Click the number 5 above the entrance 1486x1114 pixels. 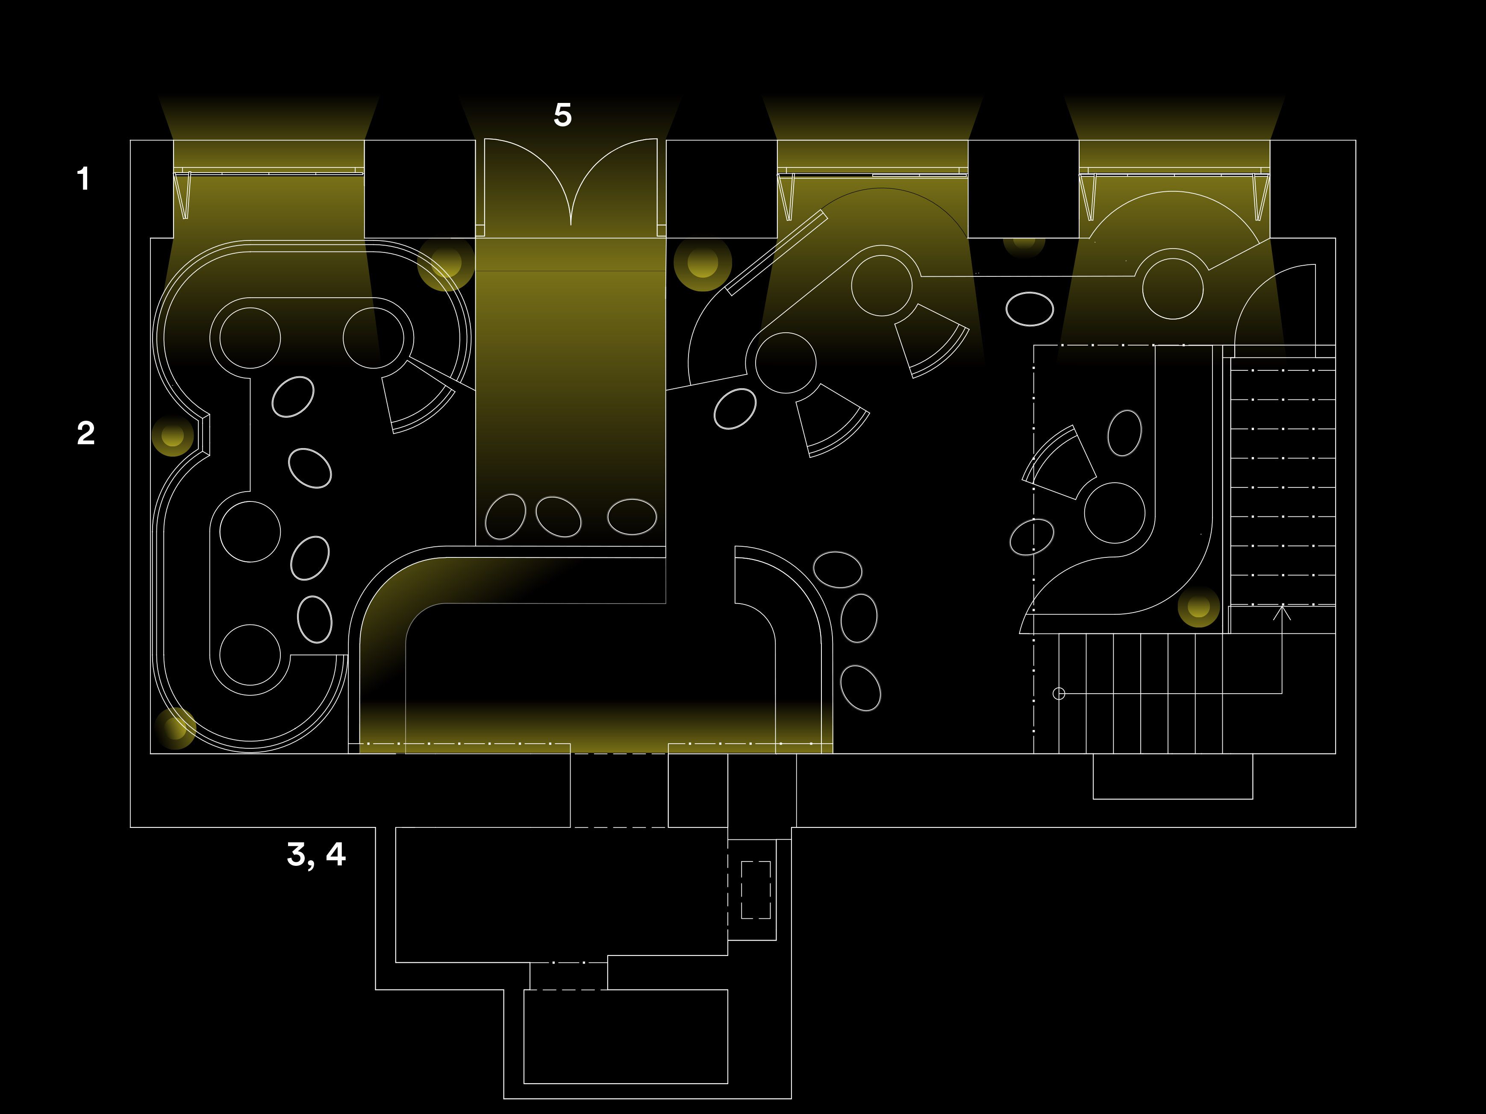(x=563, y=115)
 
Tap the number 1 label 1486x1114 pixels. (x=83, y=179)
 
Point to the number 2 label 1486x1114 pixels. (x=85, y=433)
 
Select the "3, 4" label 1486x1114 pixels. (x=316, y=855)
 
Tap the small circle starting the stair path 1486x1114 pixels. (x=1059, y=694)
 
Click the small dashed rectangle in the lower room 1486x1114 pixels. (x=756, y=890)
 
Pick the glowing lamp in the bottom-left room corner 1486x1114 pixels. (x=175, y=728)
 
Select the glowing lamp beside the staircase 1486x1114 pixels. (x=1198, y=607)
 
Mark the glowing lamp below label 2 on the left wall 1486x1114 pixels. (x=173, y=435)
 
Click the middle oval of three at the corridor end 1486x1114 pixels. (x=558, y=516)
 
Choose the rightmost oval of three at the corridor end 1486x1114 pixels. (x=632, y=516)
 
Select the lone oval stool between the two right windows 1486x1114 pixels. (x=1029, y=309)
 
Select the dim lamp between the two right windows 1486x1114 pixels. (x=1024, y=243)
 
